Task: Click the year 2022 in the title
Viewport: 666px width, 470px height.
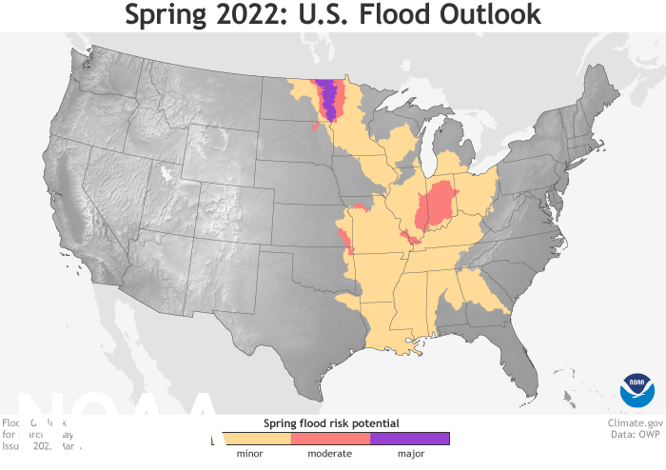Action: (x=281, y=16)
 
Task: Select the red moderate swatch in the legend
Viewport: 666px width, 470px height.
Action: (x=330, y=439)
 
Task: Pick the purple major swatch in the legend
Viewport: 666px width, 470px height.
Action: (x=409, y=439)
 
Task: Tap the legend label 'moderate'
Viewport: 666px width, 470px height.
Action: (x=330, y=454)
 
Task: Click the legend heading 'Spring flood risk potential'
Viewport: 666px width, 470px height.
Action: (x=330, y=421)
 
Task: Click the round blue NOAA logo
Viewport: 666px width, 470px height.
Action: (x=637, y=391)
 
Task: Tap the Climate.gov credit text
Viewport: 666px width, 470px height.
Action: (x=636, y=422)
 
